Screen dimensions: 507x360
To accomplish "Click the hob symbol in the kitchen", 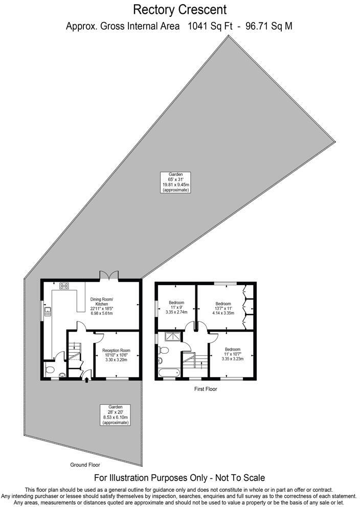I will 64,286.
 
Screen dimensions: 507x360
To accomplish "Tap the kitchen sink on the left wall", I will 48,312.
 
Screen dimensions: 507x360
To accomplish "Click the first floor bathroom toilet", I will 164,350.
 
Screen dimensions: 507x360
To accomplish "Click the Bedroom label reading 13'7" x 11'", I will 223,309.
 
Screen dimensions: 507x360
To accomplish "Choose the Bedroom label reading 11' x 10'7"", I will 232,354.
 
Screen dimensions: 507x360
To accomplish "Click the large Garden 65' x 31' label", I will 175,182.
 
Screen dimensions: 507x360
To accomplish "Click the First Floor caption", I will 206,389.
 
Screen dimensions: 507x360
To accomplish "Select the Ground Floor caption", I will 85,465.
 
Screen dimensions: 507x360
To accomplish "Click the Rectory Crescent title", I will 179,9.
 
